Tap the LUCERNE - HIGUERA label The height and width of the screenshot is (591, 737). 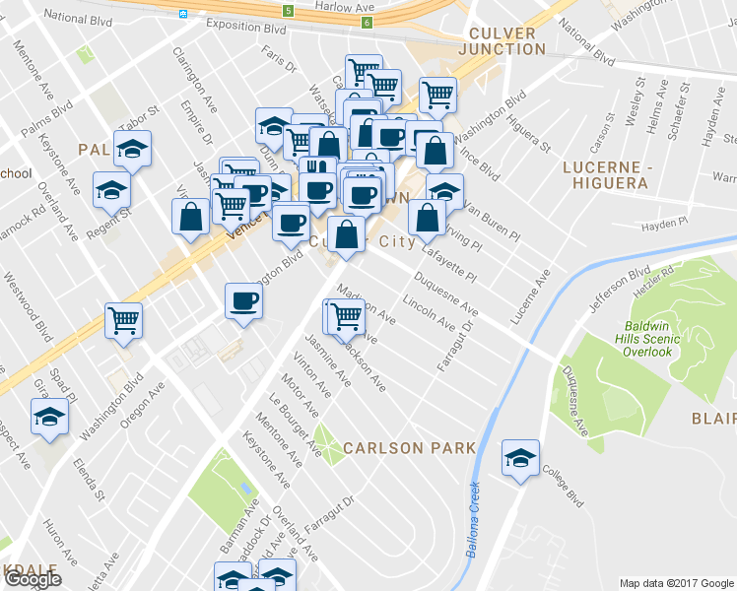coord(606,174)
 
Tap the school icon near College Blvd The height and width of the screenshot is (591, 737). coord(520,458)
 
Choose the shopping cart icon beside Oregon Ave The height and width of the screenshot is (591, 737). coord(124,320)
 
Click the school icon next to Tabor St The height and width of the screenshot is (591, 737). coord(132,149)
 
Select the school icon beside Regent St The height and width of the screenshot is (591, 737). coord(111,190)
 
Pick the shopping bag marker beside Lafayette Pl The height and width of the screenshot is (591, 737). coord(426,219)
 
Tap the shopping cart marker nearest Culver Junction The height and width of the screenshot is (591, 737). coord(437,96)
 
